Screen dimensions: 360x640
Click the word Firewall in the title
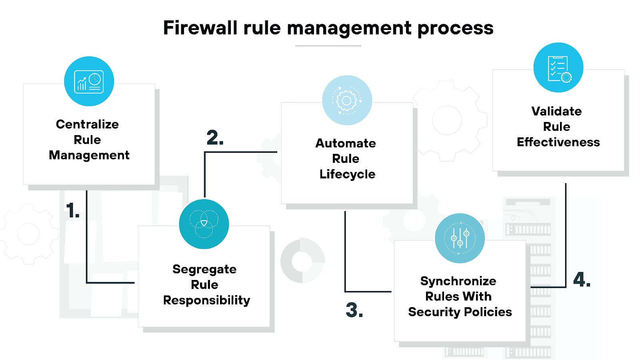tap(200, 28)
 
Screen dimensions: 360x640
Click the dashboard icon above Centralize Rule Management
tap(89, 81)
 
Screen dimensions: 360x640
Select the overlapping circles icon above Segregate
tap(204, 224)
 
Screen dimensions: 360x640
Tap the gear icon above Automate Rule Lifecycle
tap(347, 100)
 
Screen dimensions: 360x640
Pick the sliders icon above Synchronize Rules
tap(460, 238)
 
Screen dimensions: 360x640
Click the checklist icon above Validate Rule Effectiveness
tap(558, 68)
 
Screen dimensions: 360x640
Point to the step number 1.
tap(72, 210)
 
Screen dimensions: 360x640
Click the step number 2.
tap(215, 138)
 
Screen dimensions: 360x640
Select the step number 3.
tap(354, 310)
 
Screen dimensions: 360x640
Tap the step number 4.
tap(582, 280)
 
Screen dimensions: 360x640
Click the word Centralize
tap(87, 124)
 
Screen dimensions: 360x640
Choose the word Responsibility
tap(206, 300)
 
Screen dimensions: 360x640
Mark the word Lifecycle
tap(347, 174)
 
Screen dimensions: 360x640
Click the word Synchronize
tap(458, 281)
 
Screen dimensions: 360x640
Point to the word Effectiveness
tap(558, 142)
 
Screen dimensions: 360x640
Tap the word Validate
tap(556, 111)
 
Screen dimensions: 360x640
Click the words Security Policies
tap(460, 312)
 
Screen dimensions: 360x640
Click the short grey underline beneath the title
tap(328, 46)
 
